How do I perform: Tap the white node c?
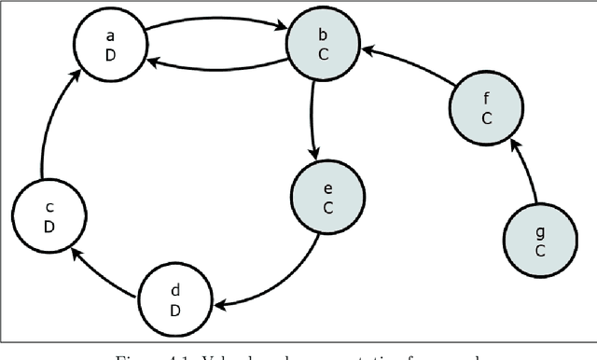tap(51, 214)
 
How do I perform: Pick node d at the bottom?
tap(174, 299)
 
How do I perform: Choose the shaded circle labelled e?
tap(327, 198)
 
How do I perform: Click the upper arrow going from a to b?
tap(215, 20)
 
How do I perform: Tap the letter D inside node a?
tap(110, 54)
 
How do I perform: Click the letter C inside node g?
tap(539, 251)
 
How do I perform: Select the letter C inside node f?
tap(485, 118)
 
